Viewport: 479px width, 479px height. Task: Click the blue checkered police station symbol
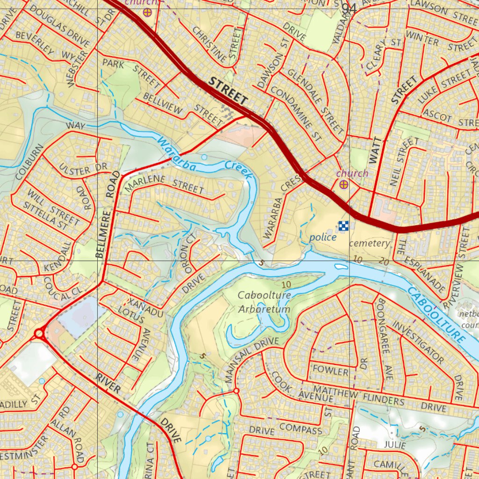pyautogui.click(x=344, y=226)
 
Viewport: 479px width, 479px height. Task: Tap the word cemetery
pyautogui.click(x=369, y=243)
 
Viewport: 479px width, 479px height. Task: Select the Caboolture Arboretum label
pyautogui.click(x=264, y=302)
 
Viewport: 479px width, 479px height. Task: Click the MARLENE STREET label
pyautogui.click(x=166, y=184)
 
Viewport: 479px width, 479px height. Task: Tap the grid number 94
pyautogui.click(x=349, y=8)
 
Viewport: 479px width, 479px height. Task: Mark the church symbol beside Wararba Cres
pyautogui.click(x=344, y=184)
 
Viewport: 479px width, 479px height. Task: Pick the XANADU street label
pyautogui.click(x=145, y=308)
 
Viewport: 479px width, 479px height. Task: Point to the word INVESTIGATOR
pyautogui.click(x=418, y=342)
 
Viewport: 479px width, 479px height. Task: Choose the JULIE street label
pyautogui.click(x=395, y=444)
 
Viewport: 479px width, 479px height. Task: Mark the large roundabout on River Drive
pyautogui.click(x=39, y=334)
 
